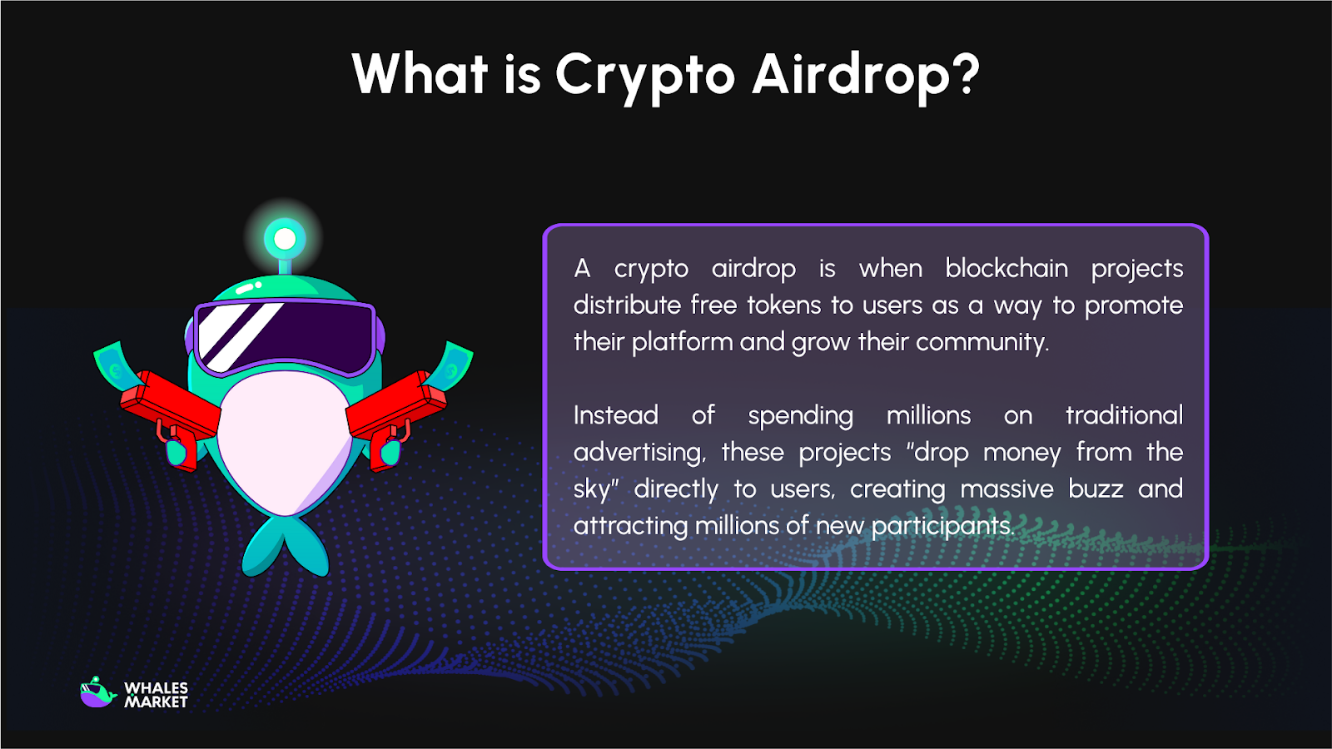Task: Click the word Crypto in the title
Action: (645, 75)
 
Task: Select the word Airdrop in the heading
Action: (850, 75)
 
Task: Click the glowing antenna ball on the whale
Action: (285, 240)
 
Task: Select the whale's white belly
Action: (283, 441)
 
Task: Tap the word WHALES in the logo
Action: (156, 688)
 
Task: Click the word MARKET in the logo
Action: (156, 702)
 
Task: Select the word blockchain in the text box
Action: (1006, 268)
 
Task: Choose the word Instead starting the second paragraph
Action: (616, 415)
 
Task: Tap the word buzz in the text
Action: (1096, 489)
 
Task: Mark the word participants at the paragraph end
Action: (942, 526)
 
